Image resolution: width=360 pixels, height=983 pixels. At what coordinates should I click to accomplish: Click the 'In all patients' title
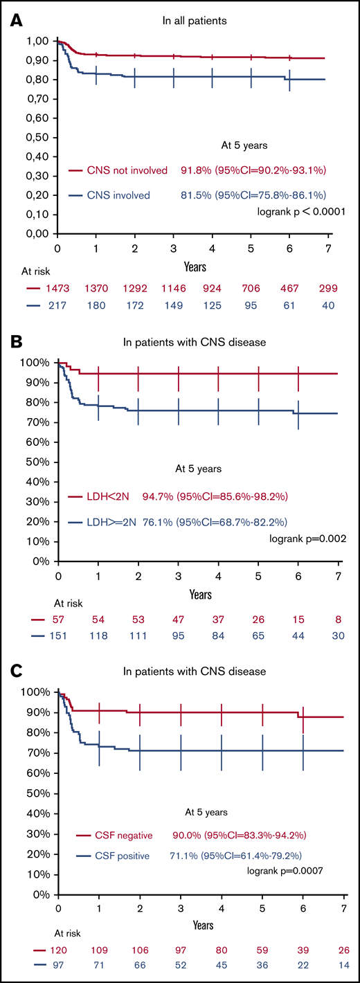pyautogui.click(x=191, y=21)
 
